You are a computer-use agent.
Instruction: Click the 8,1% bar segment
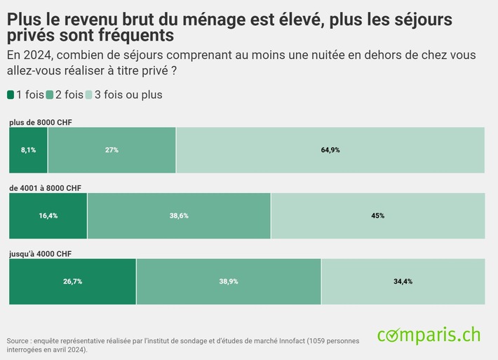click(28, 149)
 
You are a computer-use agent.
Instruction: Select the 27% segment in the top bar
click(112, 149)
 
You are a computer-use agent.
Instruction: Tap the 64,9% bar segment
click(330, 149)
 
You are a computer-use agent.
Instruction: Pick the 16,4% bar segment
click(48, 215)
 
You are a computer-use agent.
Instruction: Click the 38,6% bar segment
click(179, 215)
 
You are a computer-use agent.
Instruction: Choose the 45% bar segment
click(377, 215)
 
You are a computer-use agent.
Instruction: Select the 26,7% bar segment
click(72, 281)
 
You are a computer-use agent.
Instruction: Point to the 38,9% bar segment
click(229, 281)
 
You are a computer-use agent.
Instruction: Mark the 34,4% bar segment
click(403, 281)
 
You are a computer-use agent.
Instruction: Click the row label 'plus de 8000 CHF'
click(41, 122)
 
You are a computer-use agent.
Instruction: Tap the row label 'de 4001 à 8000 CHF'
click(45, 188)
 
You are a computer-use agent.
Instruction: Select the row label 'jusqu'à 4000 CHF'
click(40, 253)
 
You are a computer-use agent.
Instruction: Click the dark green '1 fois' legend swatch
click(11, 95)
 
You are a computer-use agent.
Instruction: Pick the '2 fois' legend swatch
click(50, 95)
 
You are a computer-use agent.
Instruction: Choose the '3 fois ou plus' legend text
click(128, 95)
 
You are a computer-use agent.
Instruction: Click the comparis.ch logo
click(429, 335)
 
